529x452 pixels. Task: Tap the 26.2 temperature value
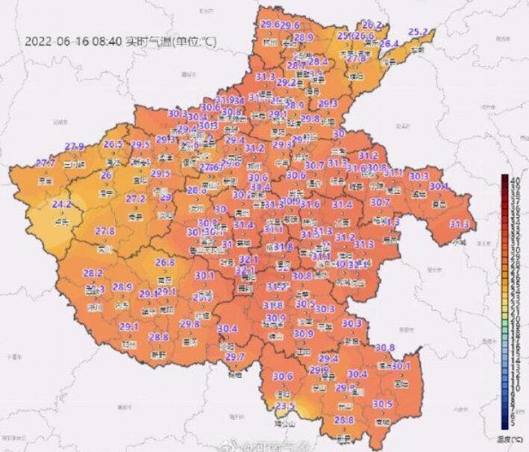(x=372, y=25)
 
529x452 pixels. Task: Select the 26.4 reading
(x=389, y=44)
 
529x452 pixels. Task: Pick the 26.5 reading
(x=113, y=144)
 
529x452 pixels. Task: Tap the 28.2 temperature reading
(x=93, y=273)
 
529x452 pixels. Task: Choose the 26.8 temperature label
(x=165, y=263)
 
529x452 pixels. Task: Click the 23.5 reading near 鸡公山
(x=286, y=406)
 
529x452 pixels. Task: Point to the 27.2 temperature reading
(x=135, y=199)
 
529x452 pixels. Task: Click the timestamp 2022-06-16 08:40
(x=73, y=42)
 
